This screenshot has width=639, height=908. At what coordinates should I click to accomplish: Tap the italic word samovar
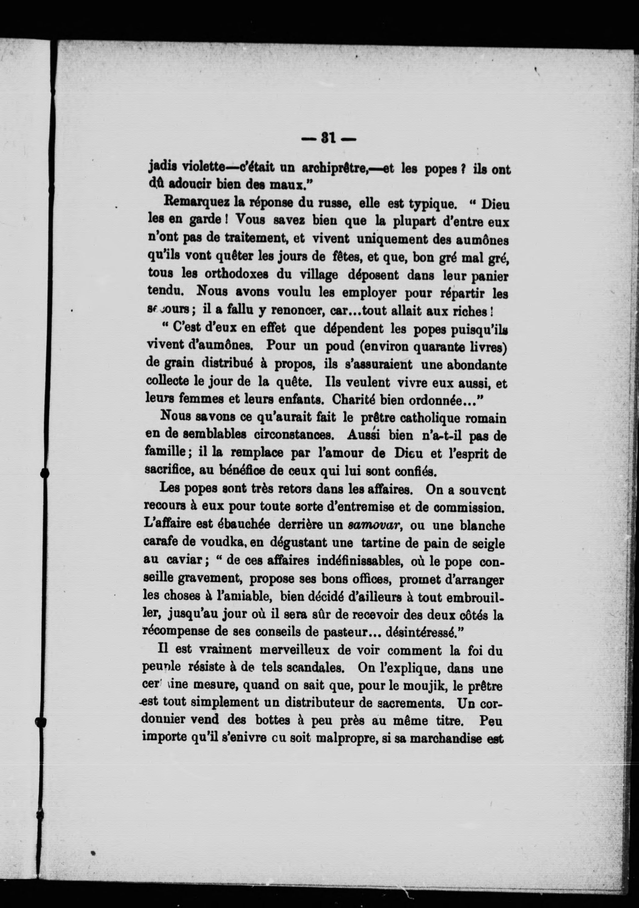point(375,526)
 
